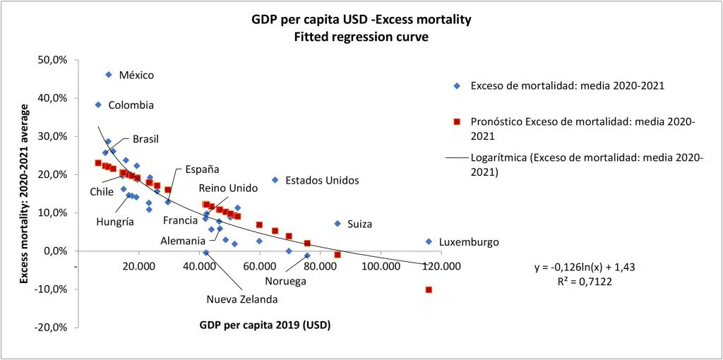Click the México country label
136,75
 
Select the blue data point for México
109,74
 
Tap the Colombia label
131,105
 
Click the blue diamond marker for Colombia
98,104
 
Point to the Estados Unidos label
322,181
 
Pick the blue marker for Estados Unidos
275,180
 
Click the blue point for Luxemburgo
429,241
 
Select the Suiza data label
359,224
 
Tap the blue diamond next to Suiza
337,224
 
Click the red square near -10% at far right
429,289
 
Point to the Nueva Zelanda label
241,299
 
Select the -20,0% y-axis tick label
50,328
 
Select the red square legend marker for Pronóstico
457,121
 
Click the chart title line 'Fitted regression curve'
361,37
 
